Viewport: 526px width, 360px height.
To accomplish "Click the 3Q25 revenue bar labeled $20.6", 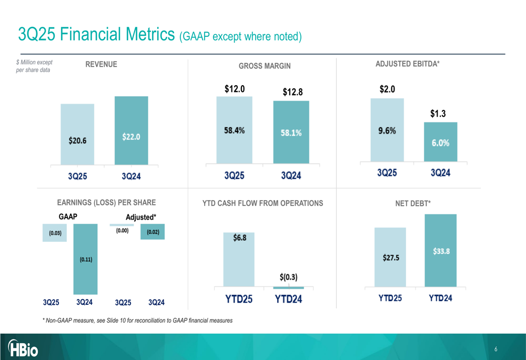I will click(77, 134).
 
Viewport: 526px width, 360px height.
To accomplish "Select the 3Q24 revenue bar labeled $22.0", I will click(131, 130).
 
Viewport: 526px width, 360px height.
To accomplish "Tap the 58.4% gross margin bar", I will click(235, 130).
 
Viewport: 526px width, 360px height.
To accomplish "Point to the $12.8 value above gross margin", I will click(292, 92).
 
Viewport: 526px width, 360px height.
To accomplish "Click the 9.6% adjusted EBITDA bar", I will click(387, 130).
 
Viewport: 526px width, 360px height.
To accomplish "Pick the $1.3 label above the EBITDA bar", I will click(438, 114).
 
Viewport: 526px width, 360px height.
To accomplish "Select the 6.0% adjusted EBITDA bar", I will click(441, 142).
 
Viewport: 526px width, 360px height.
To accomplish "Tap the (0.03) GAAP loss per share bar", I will click(55, 233).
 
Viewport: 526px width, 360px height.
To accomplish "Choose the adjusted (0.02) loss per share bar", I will click(153, 232).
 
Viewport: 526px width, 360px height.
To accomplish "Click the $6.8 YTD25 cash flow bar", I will click(239, 260).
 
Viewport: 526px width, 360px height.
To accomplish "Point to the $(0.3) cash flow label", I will click(288, 277).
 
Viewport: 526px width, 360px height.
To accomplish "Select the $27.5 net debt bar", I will click(390, 257).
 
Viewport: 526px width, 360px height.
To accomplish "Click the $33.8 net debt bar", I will click(441, 251).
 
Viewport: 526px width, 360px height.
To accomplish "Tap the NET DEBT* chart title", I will click(413, 203).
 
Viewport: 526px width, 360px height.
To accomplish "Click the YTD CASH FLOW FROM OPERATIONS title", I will click(262, 203).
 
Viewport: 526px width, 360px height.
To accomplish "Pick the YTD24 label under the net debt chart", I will click(440, 298).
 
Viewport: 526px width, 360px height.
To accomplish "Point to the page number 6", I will click(496, 349).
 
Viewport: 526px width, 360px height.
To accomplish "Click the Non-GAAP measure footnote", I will click(137, 321).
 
